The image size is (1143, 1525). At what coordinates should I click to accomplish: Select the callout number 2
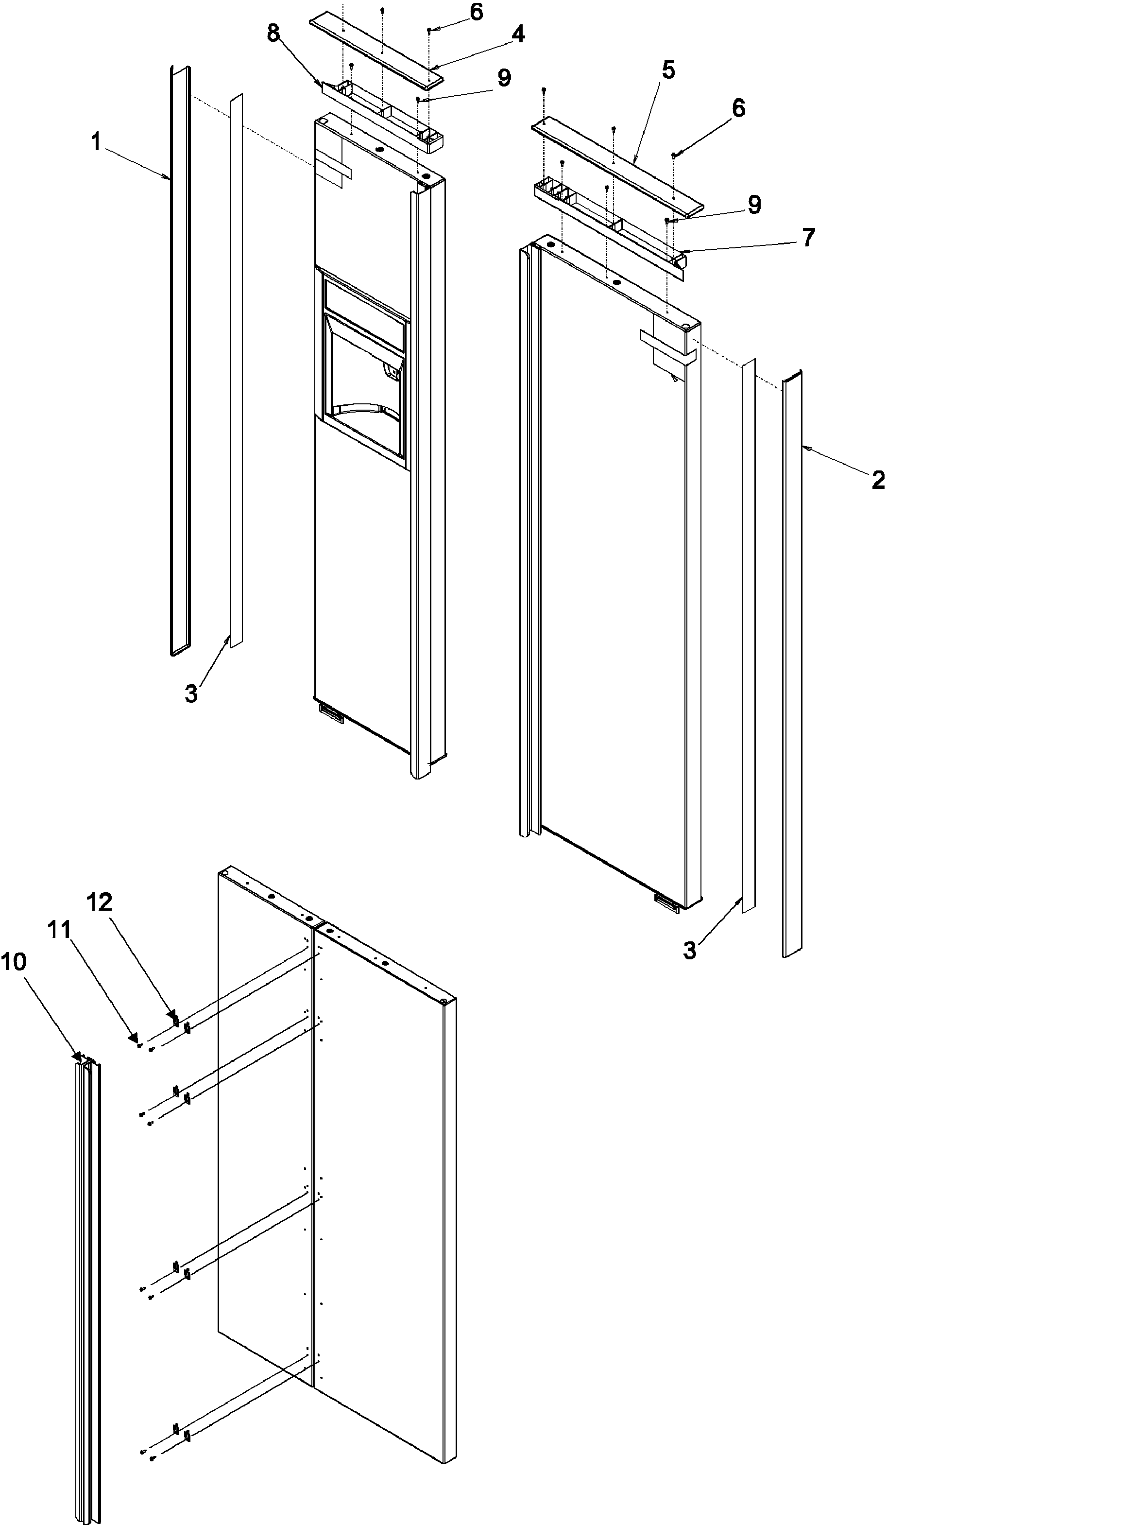tap(878, 480)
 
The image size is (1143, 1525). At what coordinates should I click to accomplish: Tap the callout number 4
tap(517, 34)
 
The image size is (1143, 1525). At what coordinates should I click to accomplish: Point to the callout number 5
tap(667, 70)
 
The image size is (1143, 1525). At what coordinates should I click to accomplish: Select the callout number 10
tap(13, 962)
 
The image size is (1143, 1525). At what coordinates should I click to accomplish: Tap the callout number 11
tap(59, 930)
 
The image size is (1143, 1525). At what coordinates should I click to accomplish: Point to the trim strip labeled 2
tap(792, 662)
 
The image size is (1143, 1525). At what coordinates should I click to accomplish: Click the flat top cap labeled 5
tap(616, 165)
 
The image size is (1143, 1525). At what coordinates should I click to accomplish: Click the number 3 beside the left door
tap(191, 693)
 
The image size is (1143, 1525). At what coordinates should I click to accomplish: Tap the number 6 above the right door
tap(738, 108)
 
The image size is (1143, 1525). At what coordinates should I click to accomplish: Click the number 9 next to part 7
tap(754, 204)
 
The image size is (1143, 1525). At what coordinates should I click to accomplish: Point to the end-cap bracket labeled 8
tap(382, 110)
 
